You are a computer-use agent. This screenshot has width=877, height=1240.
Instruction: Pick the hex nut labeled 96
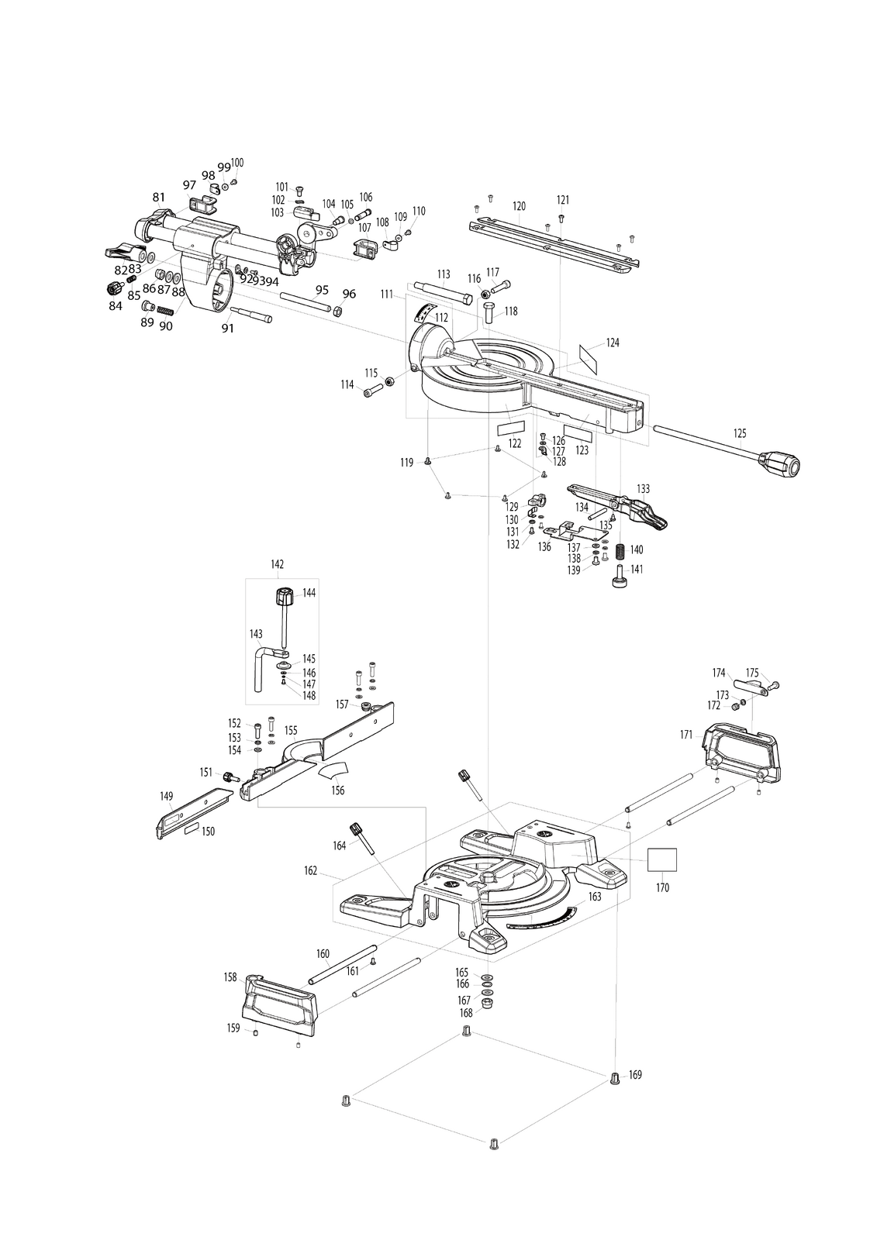(x=337, y=309)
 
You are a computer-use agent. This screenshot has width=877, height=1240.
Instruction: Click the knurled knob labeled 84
(x=115, y=288)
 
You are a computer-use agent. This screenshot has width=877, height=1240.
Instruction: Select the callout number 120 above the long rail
(x=519, y=206)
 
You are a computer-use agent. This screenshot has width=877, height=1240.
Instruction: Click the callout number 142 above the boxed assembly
(x=277, y=564)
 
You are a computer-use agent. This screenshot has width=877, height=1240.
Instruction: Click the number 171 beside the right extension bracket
(x=686, y=735)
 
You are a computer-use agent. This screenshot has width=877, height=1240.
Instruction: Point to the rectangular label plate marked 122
(x=510, y=429)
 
